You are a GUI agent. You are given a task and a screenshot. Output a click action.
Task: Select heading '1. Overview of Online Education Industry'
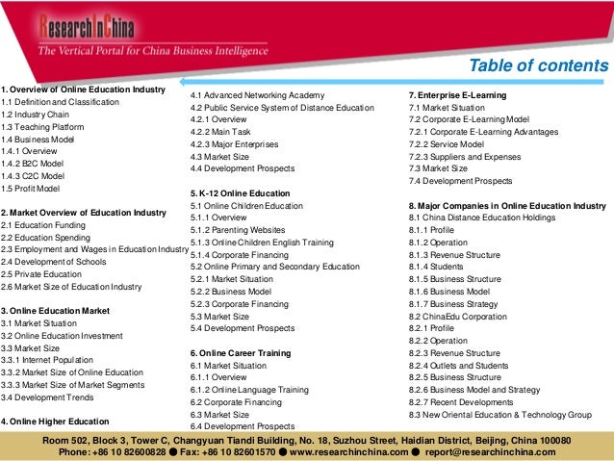pyautogui.click(x=84, y=90)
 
